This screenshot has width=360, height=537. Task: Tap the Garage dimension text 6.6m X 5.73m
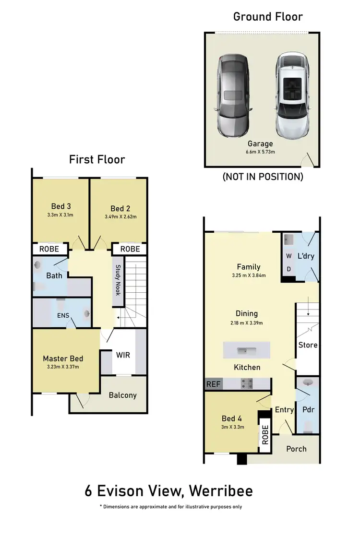[261, 152]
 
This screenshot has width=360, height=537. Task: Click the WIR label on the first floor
[123, 355]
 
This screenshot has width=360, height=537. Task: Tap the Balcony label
[122, 395]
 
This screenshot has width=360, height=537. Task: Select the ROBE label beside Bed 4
[264, 434]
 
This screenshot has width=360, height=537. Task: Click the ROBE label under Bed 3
[49, 249]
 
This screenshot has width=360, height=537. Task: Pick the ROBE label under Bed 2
[130, 249]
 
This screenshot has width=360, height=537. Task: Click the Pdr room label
[308, 410]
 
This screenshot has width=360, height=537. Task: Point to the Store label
[308, 345]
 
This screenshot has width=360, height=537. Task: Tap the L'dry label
[306, 256]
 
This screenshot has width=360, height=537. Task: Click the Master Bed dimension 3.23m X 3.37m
[63, 367]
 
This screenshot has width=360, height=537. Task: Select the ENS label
[63, 315]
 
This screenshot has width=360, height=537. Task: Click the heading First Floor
[97, 159]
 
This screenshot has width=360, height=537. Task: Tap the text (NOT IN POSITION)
[263, 177]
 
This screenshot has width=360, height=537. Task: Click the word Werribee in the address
[221, 491]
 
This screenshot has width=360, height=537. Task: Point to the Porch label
[296, 449]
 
